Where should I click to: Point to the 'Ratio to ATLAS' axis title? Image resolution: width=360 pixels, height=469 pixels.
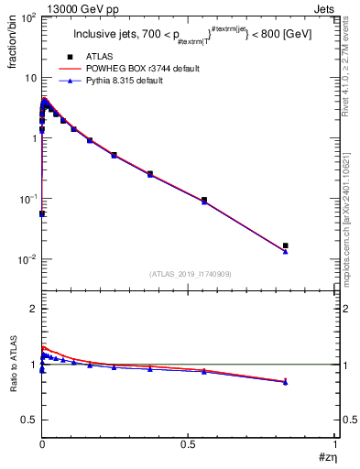[x=12, y=364]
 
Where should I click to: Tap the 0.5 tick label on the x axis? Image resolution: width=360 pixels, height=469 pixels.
[x=188, y=443]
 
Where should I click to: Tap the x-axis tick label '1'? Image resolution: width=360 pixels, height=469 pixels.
[x=335, y=443]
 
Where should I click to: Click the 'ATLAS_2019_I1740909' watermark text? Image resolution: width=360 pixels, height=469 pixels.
[x=190, y=274]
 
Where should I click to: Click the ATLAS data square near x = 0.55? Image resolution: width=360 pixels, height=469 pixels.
[x=204, y=200]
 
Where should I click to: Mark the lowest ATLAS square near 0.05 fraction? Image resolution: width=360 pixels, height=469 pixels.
[x=42, y=213]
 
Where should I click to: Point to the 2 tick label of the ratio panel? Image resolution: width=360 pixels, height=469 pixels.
[x=31, y=309]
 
